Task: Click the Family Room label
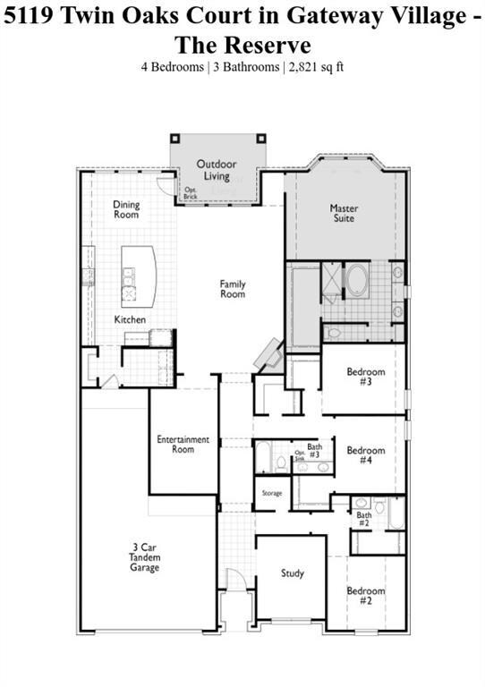pyautogui.click(x=233, y=289)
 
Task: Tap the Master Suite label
pyautogui.click(x=343, y=213)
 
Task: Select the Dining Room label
pyautogui.click(x=126, y=210)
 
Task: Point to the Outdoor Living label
pyautogui.click(x=217, y=170)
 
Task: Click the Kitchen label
pyautogui.click(x=130, y=319)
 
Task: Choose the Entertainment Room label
pyautogui.click(x=183, y=444)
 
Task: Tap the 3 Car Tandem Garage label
pyautogui.click(x=143, y=556)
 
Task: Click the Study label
pyautogui.click(x=293, y=573)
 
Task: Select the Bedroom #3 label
pyautogui.click(x=366, y=377)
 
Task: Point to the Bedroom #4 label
pyautogui.click(x=366, y=455)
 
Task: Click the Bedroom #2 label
pyautogui.click(x=366, y=596)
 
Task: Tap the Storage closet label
pyautogui.click(x=272, y=494)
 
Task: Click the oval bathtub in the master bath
pyautogui.click(x=358, y=280)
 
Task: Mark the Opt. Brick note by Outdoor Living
pyautogui.click(x=191, y=193)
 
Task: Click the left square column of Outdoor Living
pyautogui.click(x=176, y=139)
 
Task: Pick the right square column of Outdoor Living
pyautogui.click(x=260, y=139)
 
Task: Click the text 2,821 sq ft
pyautogui.click(x=315, y=66)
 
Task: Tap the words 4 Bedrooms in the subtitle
pyautogui.click(x=172, y=66)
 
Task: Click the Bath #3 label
pyautogui.click(x=314, y=449)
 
